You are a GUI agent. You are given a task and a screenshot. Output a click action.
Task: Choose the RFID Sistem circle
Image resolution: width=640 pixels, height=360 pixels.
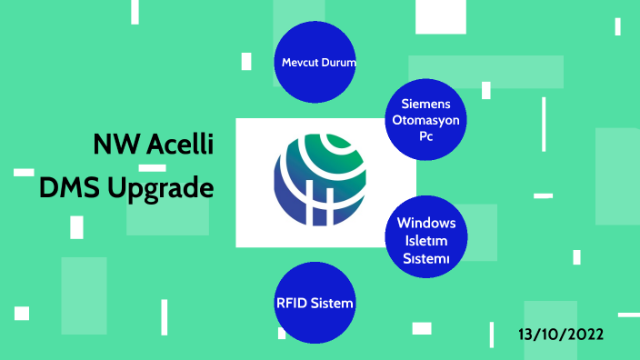(x=315, y=303)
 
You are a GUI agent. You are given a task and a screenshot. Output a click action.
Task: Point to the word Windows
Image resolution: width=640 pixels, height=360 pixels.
(x=426, y=224)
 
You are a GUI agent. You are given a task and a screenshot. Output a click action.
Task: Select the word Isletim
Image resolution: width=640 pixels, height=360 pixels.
(x=426, y=241)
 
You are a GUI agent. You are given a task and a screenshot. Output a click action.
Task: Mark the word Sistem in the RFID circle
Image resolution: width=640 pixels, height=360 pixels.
(x=331, y=303)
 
